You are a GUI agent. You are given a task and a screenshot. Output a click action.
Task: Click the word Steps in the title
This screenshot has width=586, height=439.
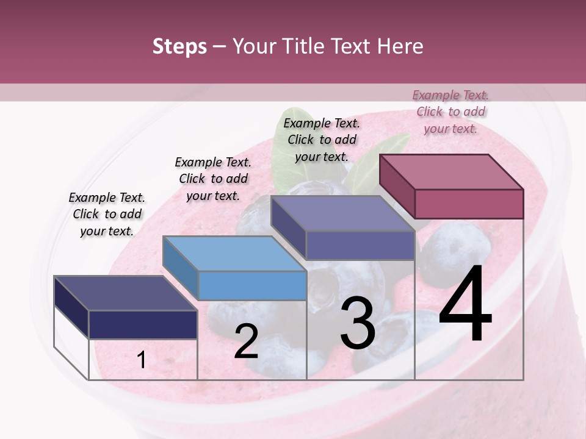pos(179,46)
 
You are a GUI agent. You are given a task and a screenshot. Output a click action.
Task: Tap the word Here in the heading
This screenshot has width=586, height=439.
pos(400,46)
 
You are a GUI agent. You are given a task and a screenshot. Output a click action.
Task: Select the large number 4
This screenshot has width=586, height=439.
pos(465,305)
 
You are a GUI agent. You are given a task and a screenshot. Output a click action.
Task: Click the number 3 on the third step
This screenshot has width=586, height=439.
pos(358,324)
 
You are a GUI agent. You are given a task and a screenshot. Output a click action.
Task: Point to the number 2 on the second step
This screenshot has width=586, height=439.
pos(246,341)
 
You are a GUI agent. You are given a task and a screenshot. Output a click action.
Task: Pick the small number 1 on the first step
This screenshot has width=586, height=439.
pos(142,360)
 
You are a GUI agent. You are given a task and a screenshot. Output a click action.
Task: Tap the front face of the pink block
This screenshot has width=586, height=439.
pos(469,204)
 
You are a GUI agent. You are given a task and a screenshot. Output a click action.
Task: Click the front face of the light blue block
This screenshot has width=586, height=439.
pos(252,285)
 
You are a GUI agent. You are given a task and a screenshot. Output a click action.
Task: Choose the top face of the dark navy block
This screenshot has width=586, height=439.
pos(125,293)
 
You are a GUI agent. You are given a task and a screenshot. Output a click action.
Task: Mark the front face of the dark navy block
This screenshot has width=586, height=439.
pos(143,324)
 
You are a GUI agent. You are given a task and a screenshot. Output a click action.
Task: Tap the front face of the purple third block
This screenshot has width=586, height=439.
pos(360,245)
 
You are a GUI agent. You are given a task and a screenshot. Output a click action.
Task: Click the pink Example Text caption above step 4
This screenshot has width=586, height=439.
pos(450,112)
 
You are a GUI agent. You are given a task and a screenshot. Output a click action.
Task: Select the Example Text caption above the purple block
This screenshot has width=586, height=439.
pos(322,140)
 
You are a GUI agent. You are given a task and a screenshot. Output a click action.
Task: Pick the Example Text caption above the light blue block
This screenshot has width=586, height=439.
pos(213,179)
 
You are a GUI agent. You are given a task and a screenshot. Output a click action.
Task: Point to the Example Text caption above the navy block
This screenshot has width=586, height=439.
pos(107,214)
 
